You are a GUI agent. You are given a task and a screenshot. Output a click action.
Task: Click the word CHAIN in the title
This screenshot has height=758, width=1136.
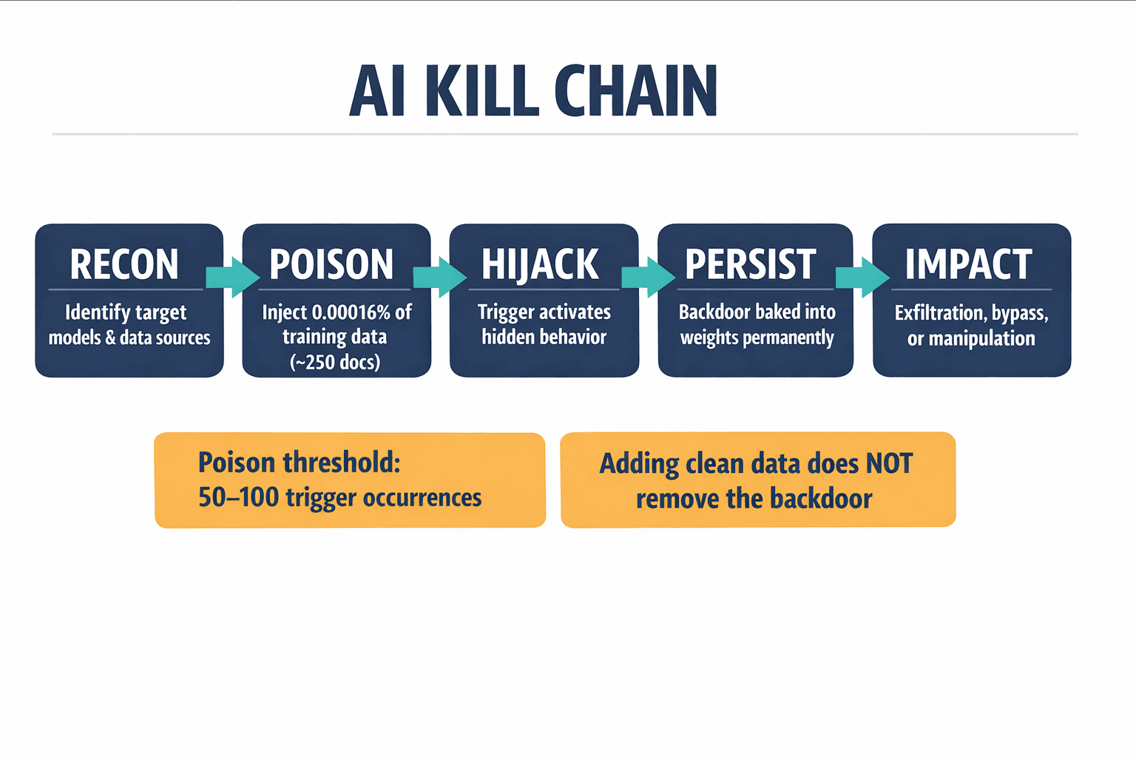point(635,92)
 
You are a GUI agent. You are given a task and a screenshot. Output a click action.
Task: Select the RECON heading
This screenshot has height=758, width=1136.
point(124,264)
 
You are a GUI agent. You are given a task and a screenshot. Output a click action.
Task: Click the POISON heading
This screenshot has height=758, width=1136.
point(331,264)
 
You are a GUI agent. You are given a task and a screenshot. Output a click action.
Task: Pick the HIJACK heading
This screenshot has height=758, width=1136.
point(540,264)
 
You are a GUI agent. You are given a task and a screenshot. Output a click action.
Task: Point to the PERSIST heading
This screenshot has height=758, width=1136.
point(751,264)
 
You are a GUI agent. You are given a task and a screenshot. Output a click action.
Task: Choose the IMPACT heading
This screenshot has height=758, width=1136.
point(968,264)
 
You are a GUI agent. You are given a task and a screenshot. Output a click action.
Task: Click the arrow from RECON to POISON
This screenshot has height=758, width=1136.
point(232,278)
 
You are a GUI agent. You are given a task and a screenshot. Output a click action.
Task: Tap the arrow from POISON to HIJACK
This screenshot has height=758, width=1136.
point(440,278)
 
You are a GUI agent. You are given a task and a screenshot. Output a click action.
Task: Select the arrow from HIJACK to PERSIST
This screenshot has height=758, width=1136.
point(649,278)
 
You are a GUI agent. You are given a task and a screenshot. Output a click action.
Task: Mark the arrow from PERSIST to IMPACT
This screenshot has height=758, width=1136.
point(862,278)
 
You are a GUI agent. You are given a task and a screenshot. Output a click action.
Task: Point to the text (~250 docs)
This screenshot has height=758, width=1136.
point(335,362)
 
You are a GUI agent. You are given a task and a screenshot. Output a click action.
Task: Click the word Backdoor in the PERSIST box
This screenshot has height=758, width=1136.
point(714,312)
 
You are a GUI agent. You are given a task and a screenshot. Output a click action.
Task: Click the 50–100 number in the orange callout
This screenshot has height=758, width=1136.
point(238,497)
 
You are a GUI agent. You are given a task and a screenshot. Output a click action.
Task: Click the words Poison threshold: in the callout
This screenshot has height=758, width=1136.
point(299,463)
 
